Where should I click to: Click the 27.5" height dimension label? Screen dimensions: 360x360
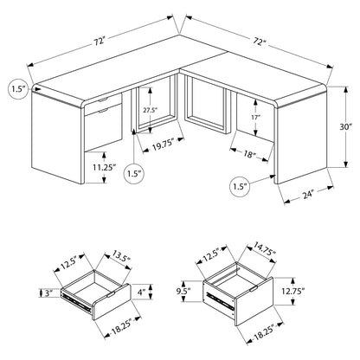click(150, 110)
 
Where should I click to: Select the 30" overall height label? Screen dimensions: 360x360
click(346, 127)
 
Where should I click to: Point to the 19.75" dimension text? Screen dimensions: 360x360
click(164, 146)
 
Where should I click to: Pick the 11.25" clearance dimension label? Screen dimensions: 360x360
click(105, 167)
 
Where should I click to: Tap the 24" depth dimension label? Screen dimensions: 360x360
click(308, 196)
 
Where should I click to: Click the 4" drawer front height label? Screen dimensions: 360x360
click(141, 292)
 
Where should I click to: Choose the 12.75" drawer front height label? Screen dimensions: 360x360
click(293, 292)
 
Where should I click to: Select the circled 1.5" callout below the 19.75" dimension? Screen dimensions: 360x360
click(135, 174)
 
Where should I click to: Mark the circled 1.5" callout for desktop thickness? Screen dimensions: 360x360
click(19, 89)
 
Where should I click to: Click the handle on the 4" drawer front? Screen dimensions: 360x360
click(112, 294)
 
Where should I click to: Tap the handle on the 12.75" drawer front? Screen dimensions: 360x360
click(254, 288)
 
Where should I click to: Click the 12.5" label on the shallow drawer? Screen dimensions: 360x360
click(68, 262)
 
